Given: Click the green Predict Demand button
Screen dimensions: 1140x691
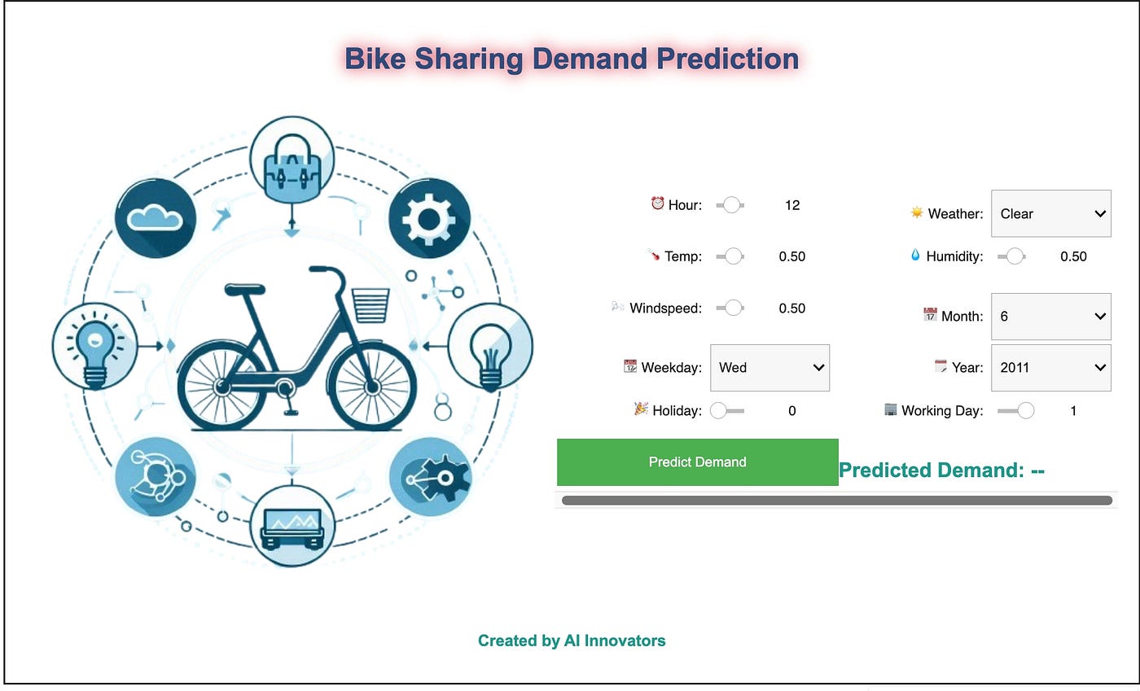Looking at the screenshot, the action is [x=697, y=462].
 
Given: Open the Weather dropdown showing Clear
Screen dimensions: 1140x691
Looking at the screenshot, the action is [x=1051, y=213].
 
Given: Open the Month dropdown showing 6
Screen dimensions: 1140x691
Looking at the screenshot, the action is [x=1051, y=316].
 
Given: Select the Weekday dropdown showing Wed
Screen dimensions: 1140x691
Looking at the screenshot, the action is [x=769, y=367].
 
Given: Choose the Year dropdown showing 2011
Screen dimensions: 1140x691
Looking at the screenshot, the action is [x=1051, y=367].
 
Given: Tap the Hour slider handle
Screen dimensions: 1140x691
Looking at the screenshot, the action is [x=731, y=205].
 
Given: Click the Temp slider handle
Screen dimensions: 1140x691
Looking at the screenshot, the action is [x=734, y=256].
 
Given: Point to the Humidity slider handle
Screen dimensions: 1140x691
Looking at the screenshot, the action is [x=1015, y=256].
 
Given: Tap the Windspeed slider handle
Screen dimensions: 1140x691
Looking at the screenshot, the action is [x=734, y=308].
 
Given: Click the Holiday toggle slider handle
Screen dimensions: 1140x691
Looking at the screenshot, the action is [x=718, y=411].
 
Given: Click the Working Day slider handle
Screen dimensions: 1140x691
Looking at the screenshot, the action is [x=1026, y=411].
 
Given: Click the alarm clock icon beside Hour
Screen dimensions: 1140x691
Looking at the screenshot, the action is [x=658, y=203].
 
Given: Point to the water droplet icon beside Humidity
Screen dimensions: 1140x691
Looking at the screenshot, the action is [x=915, y=255].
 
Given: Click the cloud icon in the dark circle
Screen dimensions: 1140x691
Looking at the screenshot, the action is [x=154, y=218].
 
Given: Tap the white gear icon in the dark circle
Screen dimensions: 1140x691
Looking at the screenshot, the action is [x=428, y=219].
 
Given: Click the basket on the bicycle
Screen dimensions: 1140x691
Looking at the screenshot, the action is [x=370, y=305].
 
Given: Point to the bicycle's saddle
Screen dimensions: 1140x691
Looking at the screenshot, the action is [x=245, y=290].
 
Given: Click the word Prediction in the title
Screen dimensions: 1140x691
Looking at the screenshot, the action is [x=728, y=59].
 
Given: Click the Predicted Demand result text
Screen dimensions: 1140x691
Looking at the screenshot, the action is [x=941, y=470].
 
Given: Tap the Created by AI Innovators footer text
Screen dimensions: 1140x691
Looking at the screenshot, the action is [x=572, y=641].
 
